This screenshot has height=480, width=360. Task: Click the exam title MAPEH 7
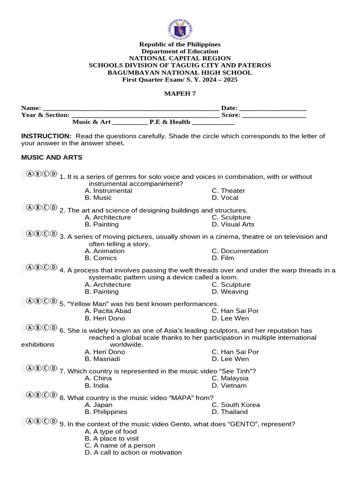tap(180, 94)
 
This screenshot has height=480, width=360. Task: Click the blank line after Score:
tap(274, 115)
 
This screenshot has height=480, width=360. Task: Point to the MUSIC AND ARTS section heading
tap(52, 157)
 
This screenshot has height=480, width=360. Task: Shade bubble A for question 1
tap(30, 174)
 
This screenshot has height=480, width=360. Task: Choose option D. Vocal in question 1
tap(225, 198)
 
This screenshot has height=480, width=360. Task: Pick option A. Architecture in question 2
tap(108, 217)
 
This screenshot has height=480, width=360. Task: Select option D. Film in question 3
tap(223, 258)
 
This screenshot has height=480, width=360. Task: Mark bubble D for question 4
tap(53, 268)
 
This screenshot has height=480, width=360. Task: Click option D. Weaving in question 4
tap(230, 292)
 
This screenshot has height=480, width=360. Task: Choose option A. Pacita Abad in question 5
tap(108, 311)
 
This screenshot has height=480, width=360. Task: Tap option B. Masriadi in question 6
tap(102, 359)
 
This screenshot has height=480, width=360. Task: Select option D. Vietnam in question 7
tap(229, 386)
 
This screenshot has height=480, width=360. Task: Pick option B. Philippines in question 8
tap(106, 412)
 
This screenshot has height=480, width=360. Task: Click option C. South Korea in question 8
tap(235, 405)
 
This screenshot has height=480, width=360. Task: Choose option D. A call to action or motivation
tap(133, 453)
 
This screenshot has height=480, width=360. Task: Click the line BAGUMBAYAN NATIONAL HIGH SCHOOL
tap(180, 73)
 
